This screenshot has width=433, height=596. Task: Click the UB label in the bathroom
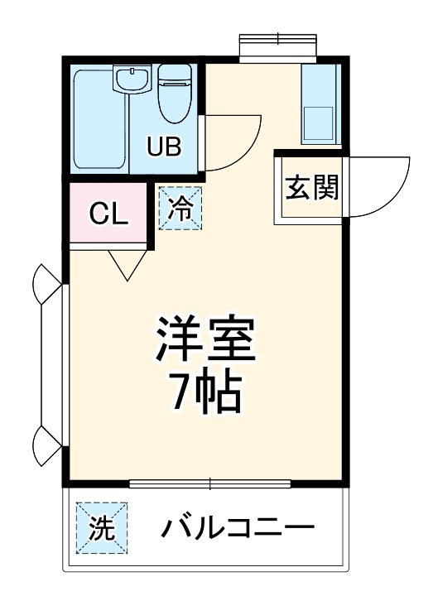[164, 146]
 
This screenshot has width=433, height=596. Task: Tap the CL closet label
[108, 214]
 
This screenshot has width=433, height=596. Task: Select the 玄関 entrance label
[312, 188]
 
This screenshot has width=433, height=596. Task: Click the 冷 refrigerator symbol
[180, 209]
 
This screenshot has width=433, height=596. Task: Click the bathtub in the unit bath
[99, 120]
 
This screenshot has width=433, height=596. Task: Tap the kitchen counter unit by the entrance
[319, 103]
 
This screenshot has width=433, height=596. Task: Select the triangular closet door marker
[126, 263]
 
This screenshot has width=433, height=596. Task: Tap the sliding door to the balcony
[211, 483]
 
